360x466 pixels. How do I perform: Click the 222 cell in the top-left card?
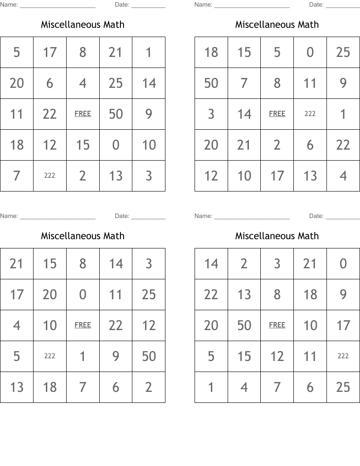pos(50,176)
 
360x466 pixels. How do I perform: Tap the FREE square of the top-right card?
pos(277,114)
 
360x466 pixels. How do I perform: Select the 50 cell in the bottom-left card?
pos(149,356)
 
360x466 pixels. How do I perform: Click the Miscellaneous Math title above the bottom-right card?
pos(277,236)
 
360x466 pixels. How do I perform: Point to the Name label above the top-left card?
pos(9,5)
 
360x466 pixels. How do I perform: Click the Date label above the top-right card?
pos(316,5)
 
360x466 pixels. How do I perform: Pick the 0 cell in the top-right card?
pos(310,52)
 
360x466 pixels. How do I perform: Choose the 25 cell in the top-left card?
pos(116,83)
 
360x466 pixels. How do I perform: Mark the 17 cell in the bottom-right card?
pos(343,325)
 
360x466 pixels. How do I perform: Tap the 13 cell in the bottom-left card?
pos(17,387)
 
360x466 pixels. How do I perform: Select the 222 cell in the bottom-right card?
pos(343,356)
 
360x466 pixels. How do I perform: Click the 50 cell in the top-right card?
pos(211,83)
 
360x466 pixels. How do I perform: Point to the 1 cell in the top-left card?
pos(149,52)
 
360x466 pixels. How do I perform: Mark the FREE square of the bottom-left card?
pos(83,325)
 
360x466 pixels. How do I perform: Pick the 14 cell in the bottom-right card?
pos(211,263)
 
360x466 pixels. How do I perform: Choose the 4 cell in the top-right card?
pos(343,176)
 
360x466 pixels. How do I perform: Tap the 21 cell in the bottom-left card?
pos(17,263)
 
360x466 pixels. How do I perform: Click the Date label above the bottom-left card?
pos(122,216)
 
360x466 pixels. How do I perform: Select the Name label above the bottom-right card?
pos(203,216)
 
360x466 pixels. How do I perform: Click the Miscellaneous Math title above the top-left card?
pos(83,24)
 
